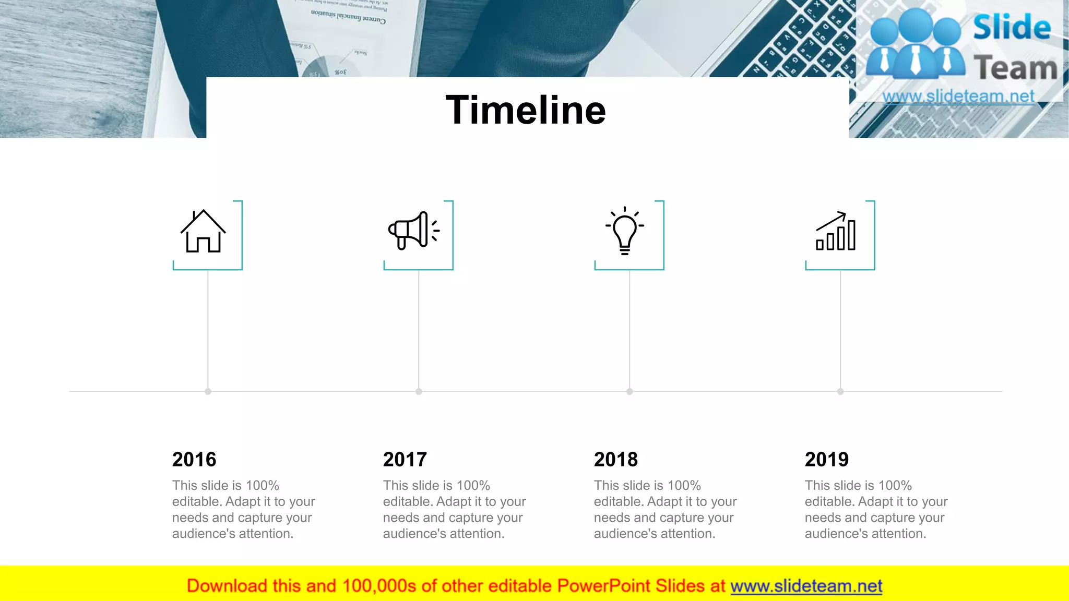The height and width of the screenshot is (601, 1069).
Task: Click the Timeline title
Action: point(525,110)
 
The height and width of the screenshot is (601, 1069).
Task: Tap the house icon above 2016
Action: point(203,232)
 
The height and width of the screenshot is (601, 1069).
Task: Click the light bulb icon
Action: point(625,231)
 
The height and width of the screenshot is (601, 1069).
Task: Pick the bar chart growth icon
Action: point(836,232)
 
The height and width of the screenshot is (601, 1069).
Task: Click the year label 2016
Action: point(194,460)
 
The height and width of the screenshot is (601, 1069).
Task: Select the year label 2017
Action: point(405,460)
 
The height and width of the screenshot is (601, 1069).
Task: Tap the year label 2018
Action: point(616,460)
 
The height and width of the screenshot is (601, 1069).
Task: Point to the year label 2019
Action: point(827,460)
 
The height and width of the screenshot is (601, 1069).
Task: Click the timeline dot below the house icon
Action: point(208,391)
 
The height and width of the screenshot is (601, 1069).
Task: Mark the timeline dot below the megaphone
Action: point(419,391)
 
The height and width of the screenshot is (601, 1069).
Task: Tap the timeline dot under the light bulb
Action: point(629,391)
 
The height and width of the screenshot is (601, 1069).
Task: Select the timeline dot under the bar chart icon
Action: point(840,391)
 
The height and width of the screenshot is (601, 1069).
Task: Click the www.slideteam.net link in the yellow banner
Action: point(806,586)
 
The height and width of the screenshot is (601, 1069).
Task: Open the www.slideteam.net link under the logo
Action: point(958,97)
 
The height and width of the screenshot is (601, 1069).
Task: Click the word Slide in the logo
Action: point(1012,27)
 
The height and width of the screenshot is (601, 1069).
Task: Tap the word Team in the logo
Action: point(1015,68)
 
